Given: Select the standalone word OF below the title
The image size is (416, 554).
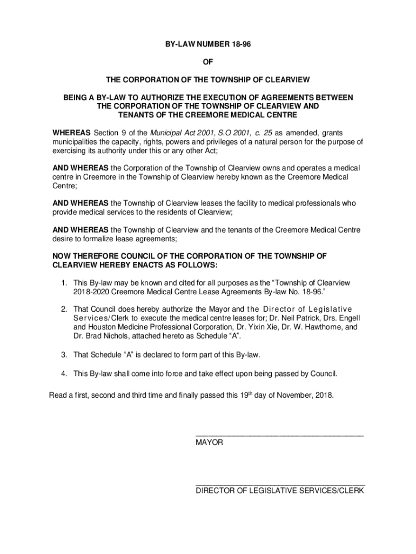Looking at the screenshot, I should (x=207, y=63).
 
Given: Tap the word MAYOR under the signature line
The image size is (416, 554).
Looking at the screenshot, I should (x=209, y=443).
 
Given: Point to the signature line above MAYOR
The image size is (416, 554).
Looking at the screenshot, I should (x=279, y=435).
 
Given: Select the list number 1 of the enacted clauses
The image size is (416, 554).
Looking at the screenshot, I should (x=63, y=283).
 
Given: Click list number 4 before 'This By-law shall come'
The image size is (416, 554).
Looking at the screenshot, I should (x=63, y=374).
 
